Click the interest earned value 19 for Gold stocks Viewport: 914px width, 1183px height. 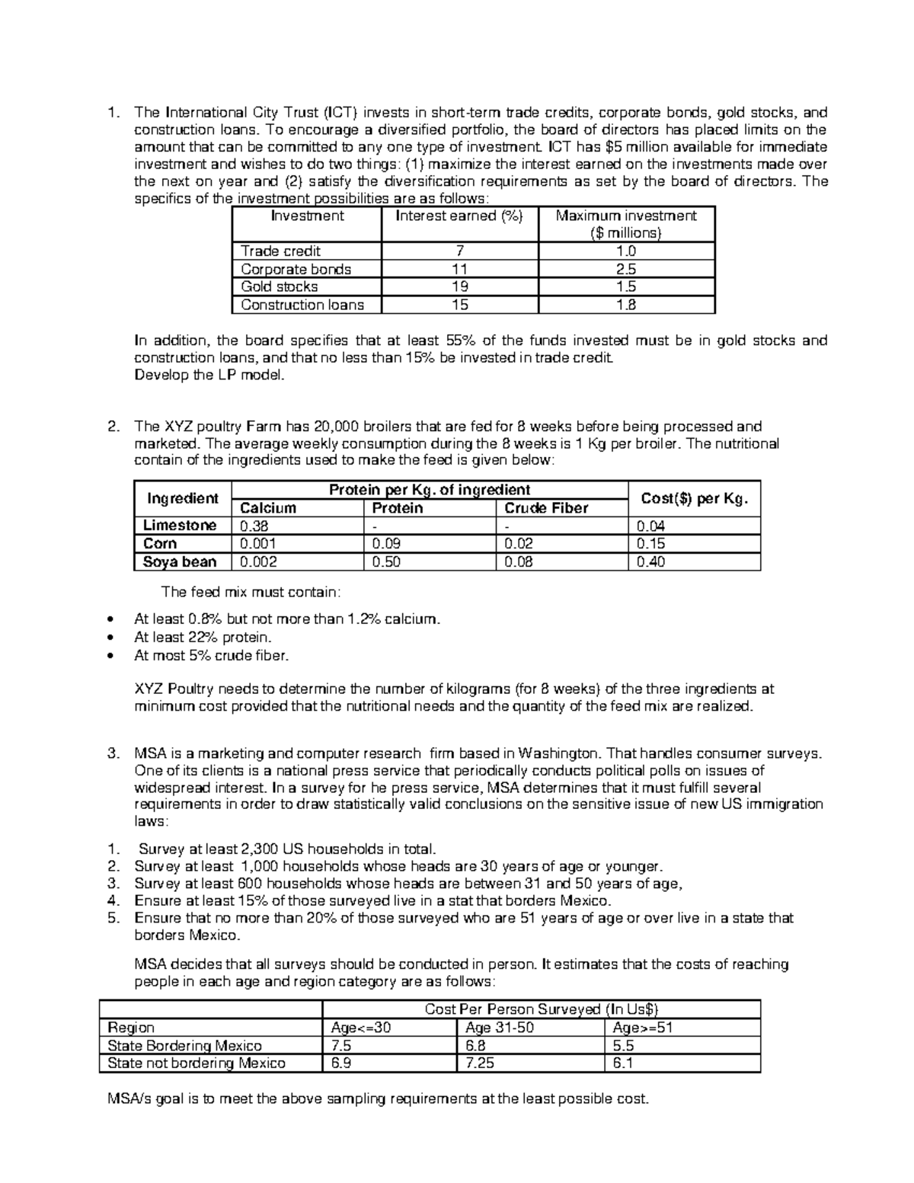click(x=459, y=287)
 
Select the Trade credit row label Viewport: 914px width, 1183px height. click(x=280, y=251)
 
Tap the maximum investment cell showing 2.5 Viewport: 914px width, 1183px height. click(x=627, y=269)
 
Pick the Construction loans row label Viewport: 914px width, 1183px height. click(x=302, y=305)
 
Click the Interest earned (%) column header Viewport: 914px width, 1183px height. click(x=459, y=216)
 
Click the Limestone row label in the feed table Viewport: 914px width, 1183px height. click(x=180, y=526)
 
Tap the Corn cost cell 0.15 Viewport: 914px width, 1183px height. click(x=650, y=544)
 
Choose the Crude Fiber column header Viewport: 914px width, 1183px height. click(x=546, y=508)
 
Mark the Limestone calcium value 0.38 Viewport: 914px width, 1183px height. click(x=254, y=526)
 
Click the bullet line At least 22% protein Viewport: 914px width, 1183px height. click(x=203, y=638)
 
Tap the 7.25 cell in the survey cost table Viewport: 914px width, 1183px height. click(x=480, y=1063)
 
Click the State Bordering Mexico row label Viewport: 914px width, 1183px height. click(x=184, y=1046)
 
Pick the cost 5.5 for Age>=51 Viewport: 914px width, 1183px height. click(x=623, y=1046)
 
